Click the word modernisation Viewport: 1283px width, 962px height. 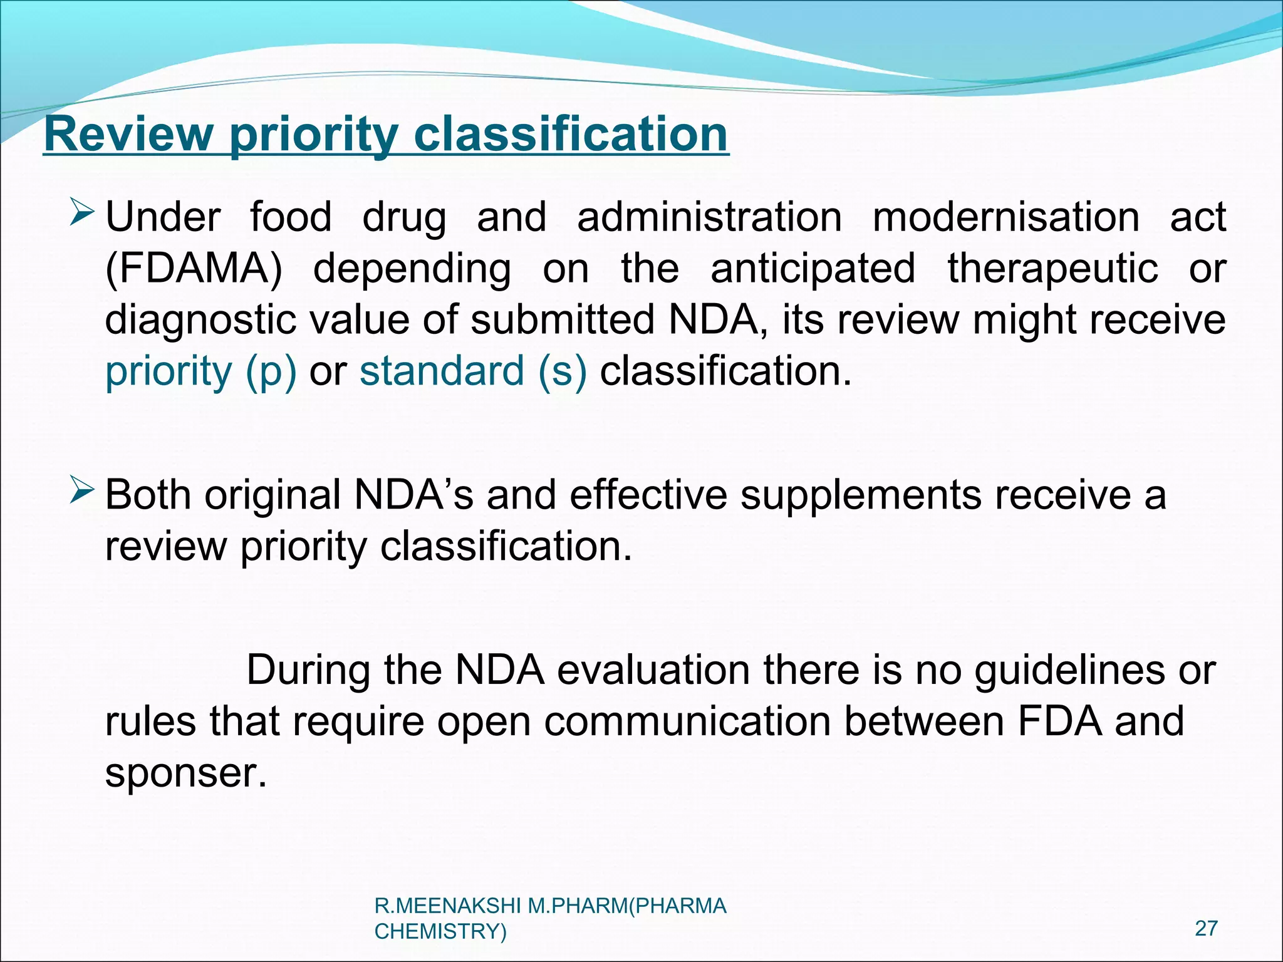click(1005, 217)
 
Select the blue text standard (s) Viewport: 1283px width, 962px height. click(473, 371)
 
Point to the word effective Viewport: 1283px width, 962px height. click(648, 495)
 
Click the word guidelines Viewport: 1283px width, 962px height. click(1070, 670)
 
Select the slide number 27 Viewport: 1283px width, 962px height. click(1206, 928)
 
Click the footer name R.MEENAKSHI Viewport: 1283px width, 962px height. click(448, 906)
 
